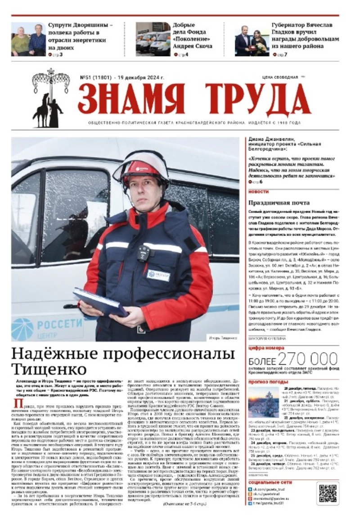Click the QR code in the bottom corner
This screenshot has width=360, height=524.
tap(327, 493)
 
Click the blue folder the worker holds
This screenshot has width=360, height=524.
tap(100, 302)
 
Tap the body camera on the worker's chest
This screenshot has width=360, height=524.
tap(144, 253)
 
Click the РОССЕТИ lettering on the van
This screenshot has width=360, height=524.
tap(60, 324)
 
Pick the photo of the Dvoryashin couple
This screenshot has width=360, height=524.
tap(28, 40)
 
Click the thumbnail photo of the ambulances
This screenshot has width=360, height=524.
tap(153, 39)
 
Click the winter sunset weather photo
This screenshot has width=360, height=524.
tap(263, 402)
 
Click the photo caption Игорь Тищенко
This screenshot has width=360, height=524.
tap(223, 338)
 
